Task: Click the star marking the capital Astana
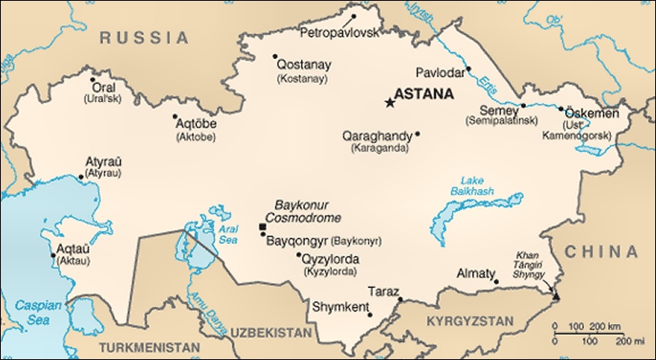(x=389, y=102)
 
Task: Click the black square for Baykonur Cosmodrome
(x=262, y=227)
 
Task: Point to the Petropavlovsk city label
(x=340, y=33)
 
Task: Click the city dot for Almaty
(x=496, y=283)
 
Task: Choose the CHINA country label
(x=603, y=251)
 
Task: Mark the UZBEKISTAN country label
(x=271, y=334)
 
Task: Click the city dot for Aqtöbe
(x=174, y=117)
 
